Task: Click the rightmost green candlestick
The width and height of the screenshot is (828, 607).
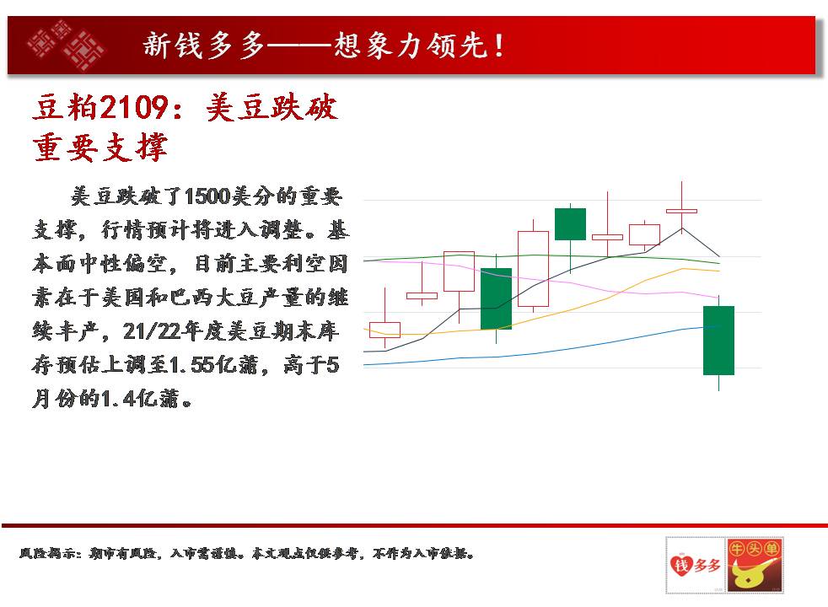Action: pos(718,341)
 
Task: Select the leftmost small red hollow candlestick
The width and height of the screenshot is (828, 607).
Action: pos(384,330)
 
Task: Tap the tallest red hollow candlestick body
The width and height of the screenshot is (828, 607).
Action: pos(534,269)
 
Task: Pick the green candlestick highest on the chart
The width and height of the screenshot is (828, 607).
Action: pos(570,223)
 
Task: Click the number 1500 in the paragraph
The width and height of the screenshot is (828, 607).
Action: pos(208,196)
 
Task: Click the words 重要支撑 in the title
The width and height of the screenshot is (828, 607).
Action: pos(99,148)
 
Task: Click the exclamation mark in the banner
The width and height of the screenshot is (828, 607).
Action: pos(499,46)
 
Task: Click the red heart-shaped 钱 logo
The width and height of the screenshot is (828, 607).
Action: pos(681,565)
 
